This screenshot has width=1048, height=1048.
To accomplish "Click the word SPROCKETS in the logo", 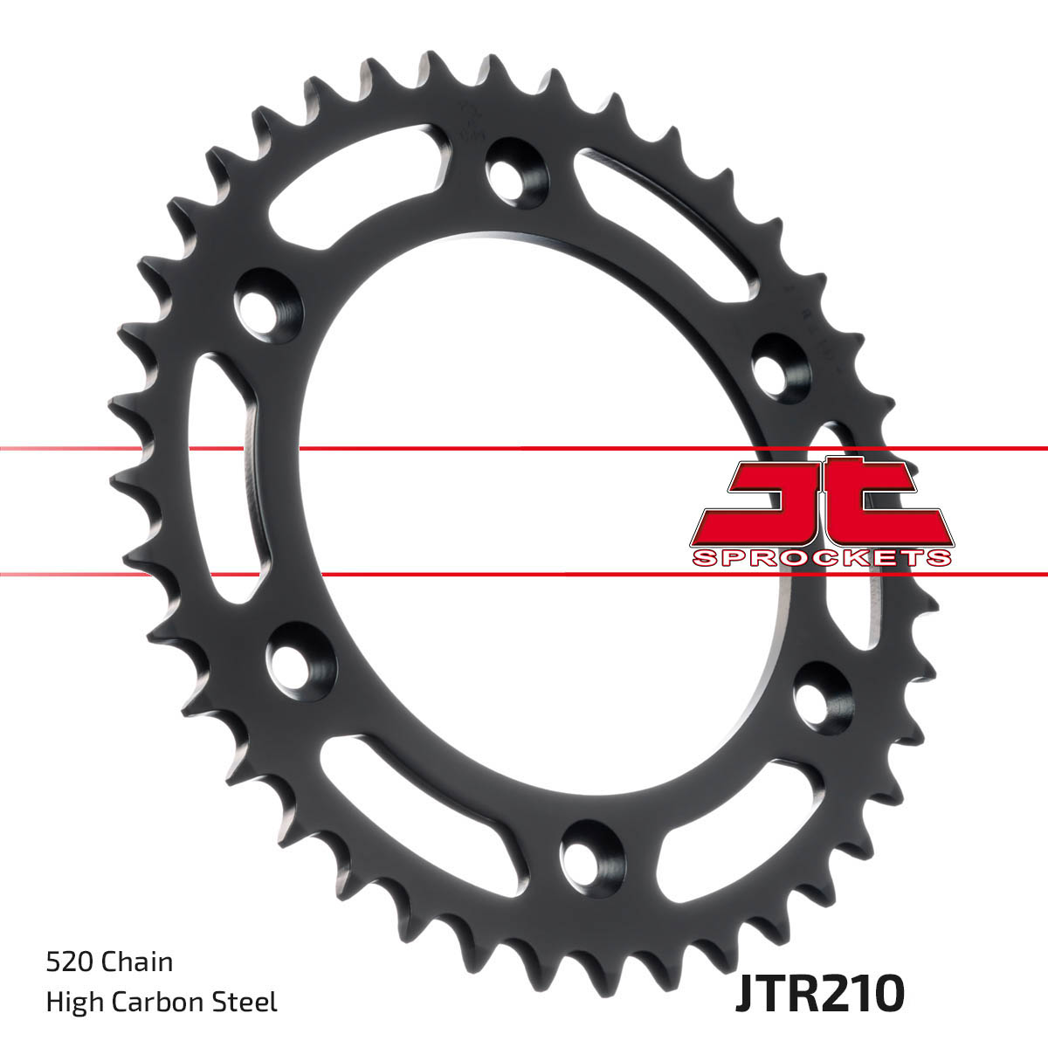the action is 821,558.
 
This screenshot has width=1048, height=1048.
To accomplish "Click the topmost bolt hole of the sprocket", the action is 517,173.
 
